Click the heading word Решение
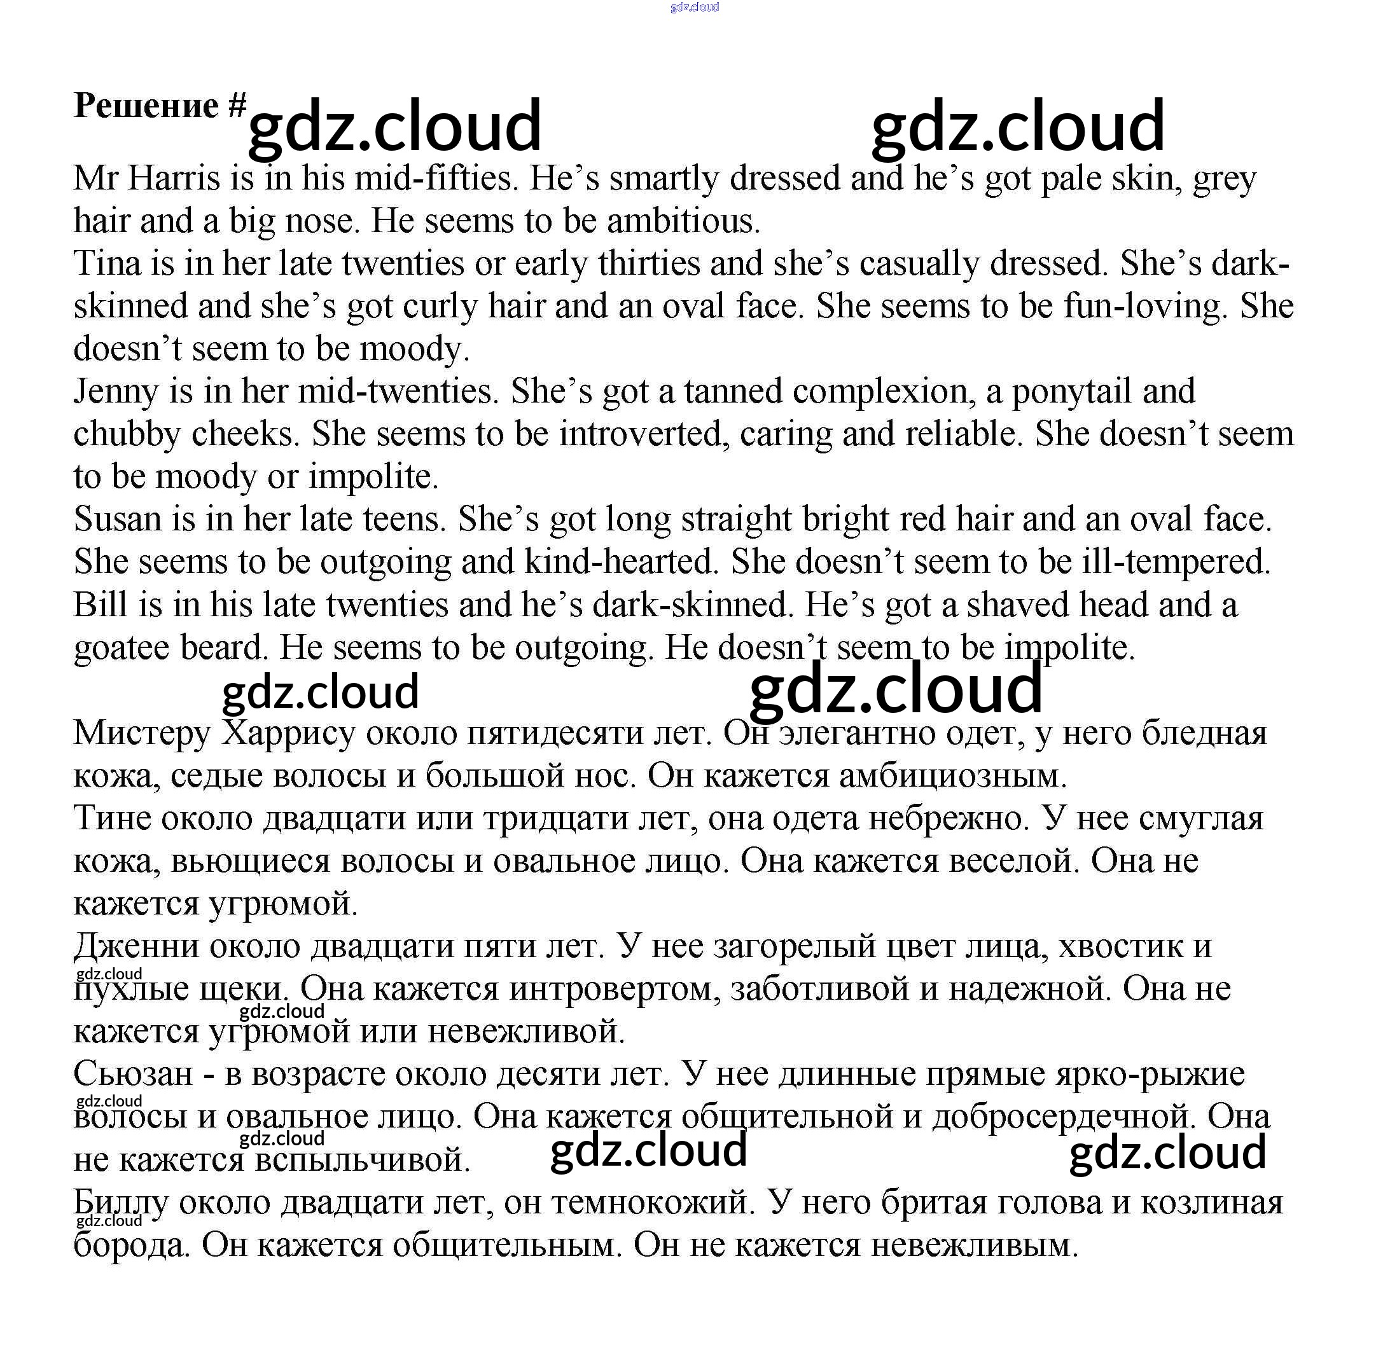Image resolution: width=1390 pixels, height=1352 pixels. coord(146,106)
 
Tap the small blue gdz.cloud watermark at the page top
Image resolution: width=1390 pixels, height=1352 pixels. coord(694,8)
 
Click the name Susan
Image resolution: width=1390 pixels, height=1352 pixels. coord(118,519)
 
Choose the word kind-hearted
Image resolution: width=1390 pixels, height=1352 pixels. coord(618,562)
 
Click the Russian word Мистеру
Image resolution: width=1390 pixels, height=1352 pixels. coord(142,733)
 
